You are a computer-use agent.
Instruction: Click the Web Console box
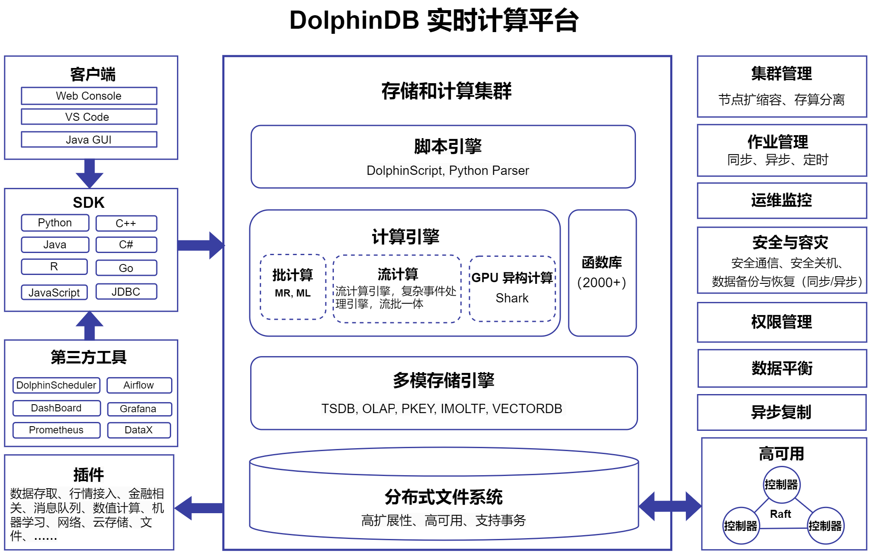[x=89, y=96]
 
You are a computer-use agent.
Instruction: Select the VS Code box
[x=89, y=117]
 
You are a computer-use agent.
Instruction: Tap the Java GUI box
[x=89, y=139]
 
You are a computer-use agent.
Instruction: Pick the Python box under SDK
[x=55, y=223]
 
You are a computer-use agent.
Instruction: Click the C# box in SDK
[x=126, y=245]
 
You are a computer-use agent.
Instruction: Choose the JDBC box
[x=126, y=291]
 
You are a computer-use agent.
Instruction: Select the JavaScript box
[x=54, y=292]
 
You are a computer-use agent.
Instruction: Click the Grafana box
[x=139, y=409]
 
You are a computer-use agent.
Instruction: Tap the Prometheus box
[x=56, y=430]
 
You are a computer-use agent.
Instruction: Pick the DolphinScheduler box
[x=56, y=385]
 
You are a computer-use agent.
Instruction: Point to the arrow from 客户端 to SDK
[x=89, y=173]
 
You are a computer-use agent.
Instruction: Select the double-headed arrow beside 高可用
[x=670, y=506]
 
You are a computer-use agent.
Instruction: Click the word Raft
[x=780, y=514]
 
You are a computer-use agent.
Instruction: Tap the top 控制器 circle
[x=781, y=484]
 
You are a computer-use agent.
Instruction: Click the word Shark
[x=512, y=298]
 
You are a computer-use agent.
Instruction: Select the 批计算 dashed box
[x=293, y=287]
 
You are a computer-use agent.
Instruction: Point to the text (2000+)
[x=602, y=283]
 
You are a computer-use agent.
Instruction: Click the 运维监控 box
[x=781, y=201]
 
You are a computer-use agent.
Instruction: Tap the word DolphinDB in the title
[x=354, y=20]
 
